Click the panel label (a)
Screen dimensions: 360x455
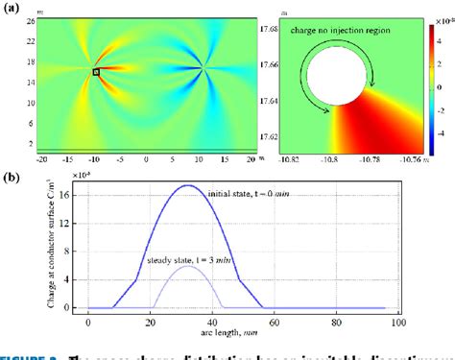(x=13, y=8)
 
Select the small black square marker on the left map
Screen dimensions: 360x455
(x=96, y=72)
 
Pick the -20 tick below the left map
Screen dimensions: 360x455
(x=41, y=157)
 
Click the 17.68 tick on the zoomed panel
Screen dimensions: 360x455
(x=258, y=29)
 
